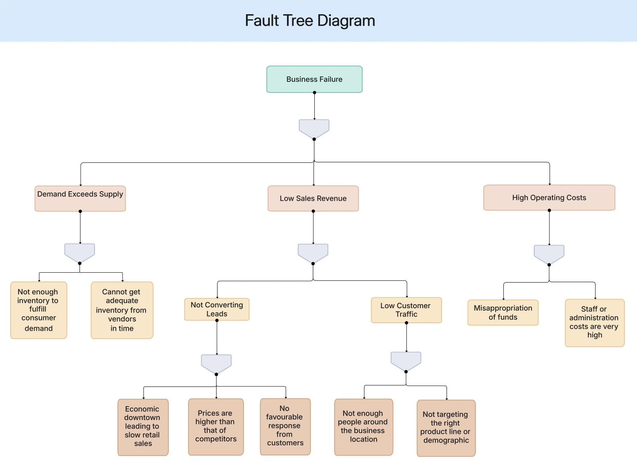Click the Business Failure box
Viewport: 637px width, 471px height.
314,79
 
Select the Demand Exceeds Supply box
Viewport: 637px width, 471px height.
80,199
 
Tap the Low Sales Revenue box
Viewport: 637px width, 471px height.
313,198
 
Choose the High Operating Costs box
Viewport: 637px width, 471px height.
549,198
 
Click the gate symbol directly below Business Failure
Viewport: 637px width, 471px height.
314,128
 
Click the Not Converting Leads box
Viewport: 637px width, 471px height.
217,309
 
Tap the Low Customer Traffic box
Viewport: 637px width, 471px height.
406,310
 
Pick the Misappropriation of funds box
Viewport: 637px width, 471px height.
503,313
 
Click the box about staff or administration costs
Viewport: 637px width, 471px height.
595,323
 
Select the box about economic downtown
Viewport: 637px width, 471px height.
143,427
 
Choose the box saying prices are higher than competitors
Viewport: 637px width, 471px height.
216,427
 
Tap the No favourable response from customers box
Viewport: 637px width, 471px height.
285,427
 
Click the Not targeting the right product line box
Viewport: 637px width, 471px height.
446,428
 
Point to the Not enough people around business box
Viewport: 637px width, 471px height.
363,427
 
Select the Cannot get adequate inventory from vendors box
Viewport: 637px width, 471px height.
122,310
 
